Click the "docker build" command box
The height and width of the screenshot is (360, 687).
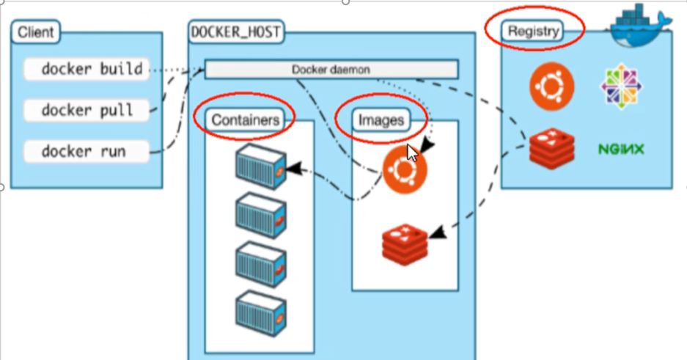click(87, 70)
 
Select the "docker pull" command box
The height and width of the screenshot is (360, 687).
click(87, 111)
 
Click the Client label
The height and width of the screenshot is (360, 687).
click(35, 32)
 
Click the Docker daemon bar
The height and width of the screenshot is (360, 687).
click(331, 70)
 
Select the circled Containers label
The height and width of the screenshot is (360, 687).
click(246, 119)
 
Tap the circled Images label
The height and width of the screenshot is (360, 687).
click(381, 120)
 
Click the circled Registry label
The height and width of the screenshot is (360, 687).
click(533, 31)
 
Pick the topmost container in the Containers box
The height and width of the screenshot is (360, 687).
click(260, 167)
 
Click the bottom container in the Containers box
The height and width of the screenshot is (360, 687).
click(260, 315)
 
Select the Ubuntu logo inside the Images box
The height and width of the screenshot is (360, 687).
click(404, 169)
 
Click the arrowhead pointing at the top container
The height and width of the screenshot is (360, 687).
click(293, 169)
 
